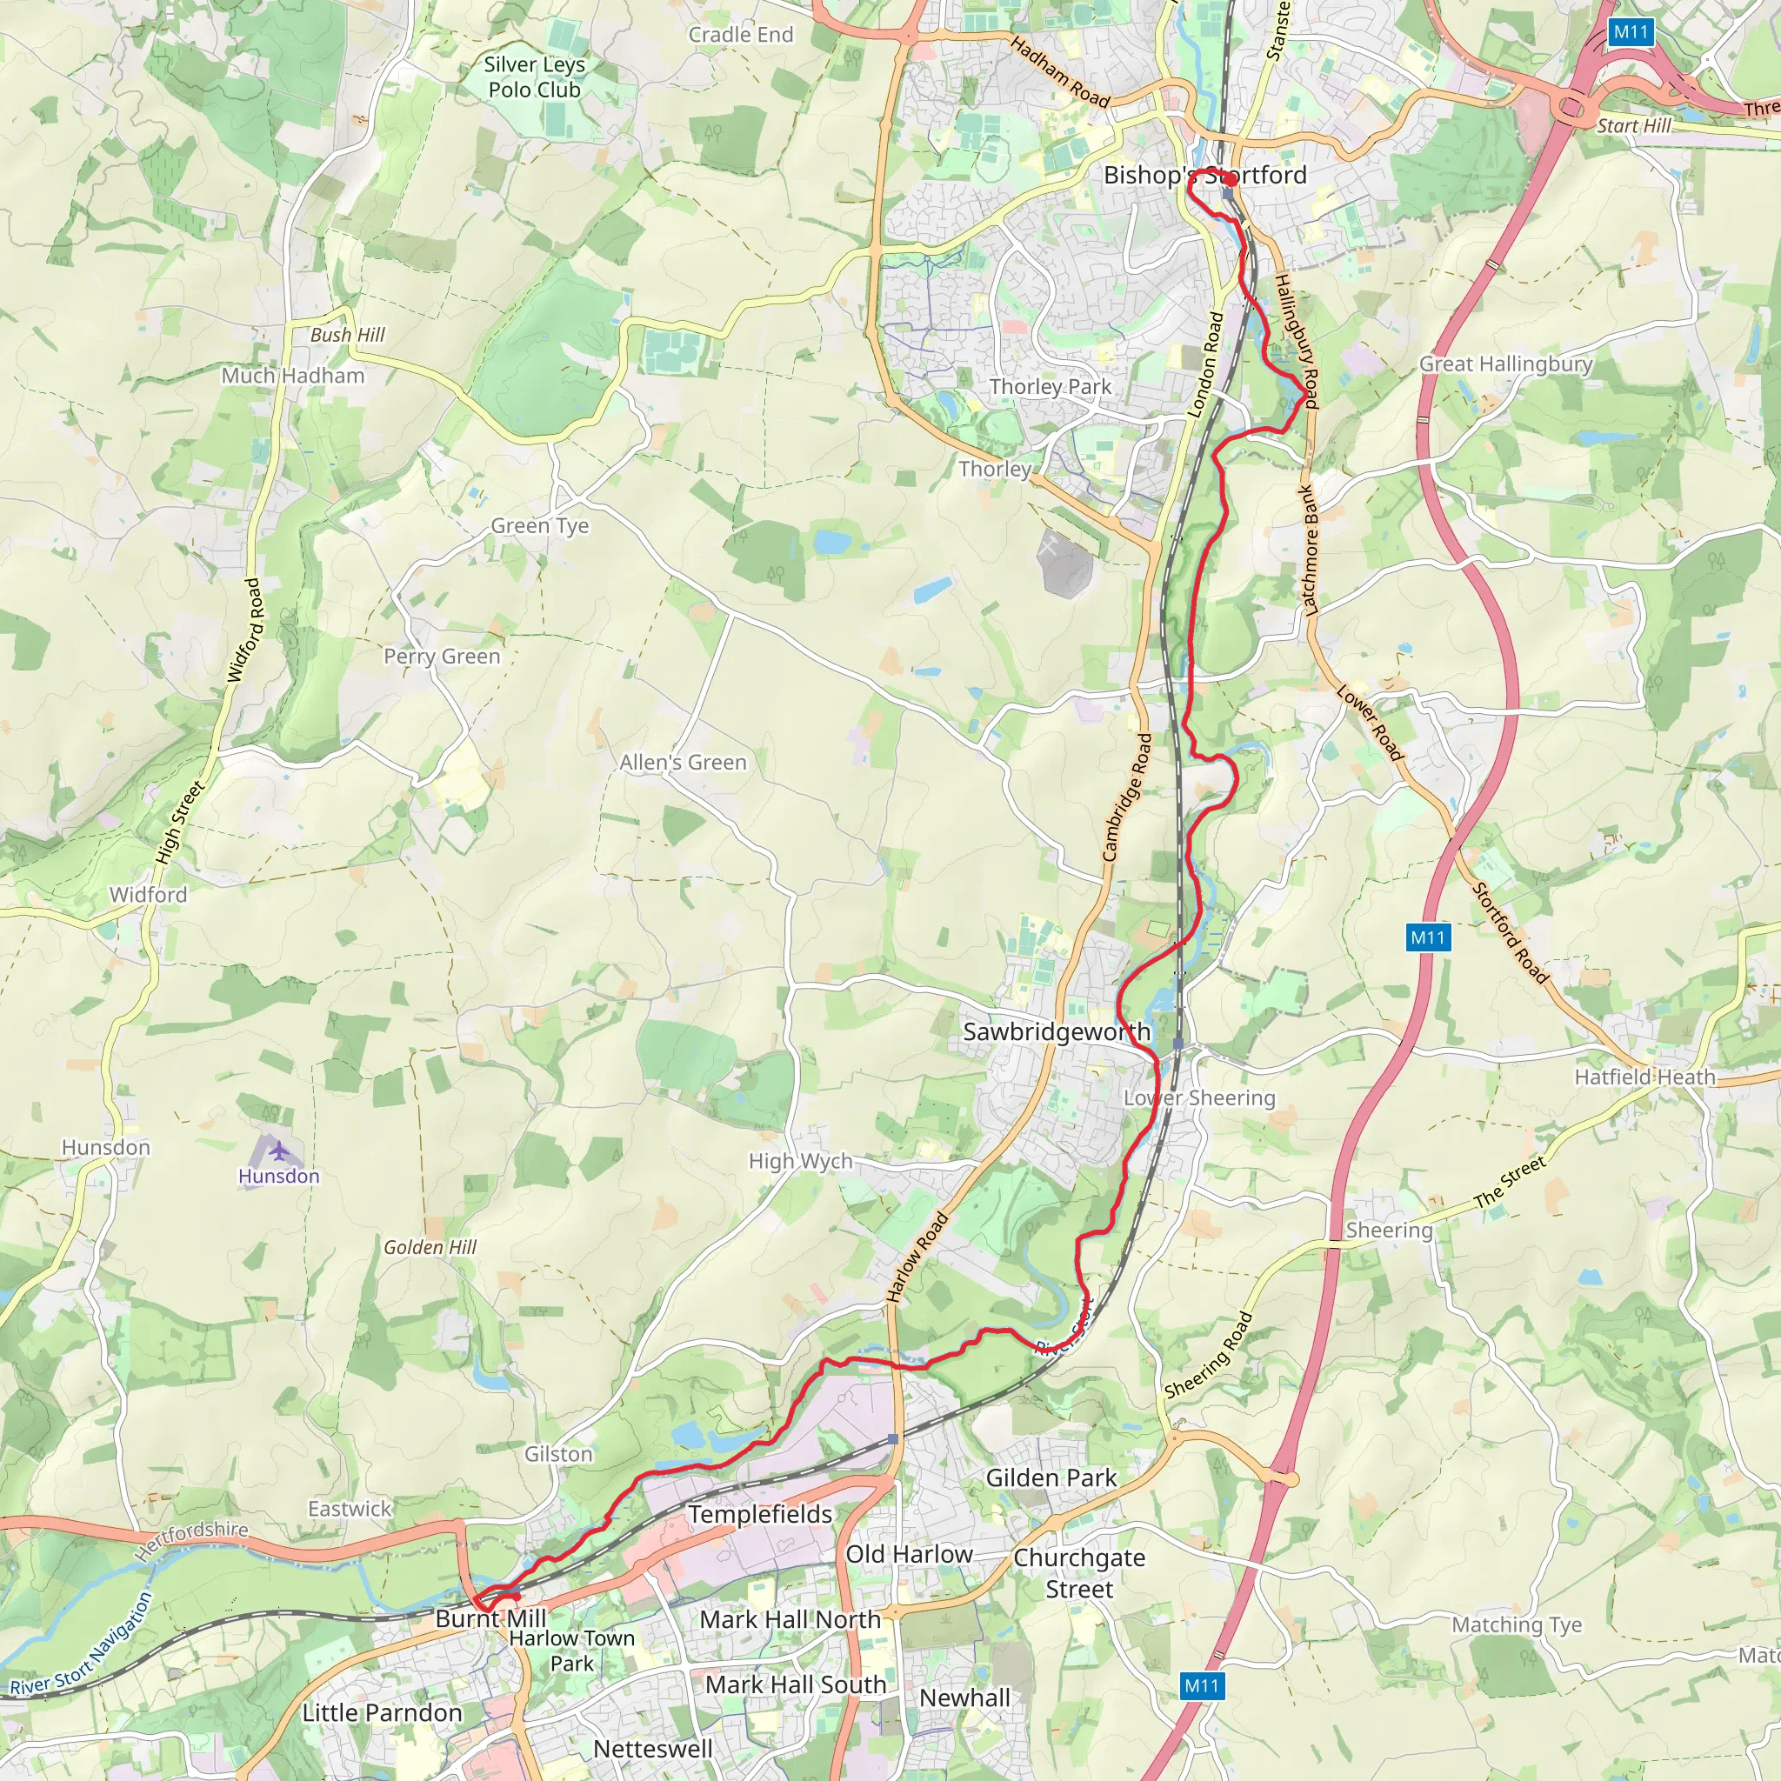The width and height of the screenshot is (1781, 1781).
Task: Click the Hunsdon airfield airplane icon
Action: point(278,1151)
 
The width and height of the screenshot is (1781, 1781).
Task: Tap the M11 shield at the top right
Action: point(1630,32)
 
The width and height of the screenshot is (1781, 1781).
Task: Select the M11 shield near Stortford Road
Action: point(1428,937)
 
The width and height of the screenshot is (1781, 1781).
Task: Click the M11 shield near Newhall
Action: point(1201,1686)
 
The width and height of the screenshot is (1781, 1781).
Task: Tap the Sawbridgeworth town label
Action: point(1057,1031)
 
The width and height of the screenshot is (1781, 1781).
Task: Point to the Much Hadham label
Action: point(293,375)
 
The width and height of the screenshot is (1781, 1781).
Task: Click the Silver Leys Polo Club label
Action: point(534,77)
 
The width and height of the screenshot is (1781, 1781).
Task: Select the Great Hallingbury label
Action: point(1505,364)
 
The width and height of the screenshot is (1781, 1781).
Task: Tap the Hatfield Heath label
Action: point(1644,1077)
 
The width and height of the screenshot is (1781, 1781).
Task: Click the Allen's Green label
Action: point(682,763)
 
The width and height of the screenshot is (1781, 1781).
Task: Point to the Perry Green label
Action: point(442,657)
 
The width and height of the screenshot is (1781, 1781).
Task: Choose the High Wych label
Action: point(800,1161)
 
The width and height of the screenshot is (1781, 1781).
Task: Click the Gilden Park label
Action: point(1051,1477)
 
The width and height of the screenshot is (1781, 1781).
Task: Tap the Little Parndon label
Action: point(382,1713)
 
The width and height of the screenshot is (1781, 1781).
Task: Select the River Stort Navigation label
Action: point(81,1646)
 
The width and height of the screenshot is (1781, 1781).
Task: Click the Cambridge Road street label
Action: point(1127,797)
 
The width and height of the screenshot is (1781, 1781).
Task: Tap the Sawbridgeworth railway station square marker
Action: point(1178,1044)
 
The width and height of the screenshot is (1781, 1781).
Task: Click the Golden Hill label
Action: point(430,1247)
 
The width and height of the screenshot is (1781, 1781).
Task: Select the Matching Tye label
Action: point(1517,1625)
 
